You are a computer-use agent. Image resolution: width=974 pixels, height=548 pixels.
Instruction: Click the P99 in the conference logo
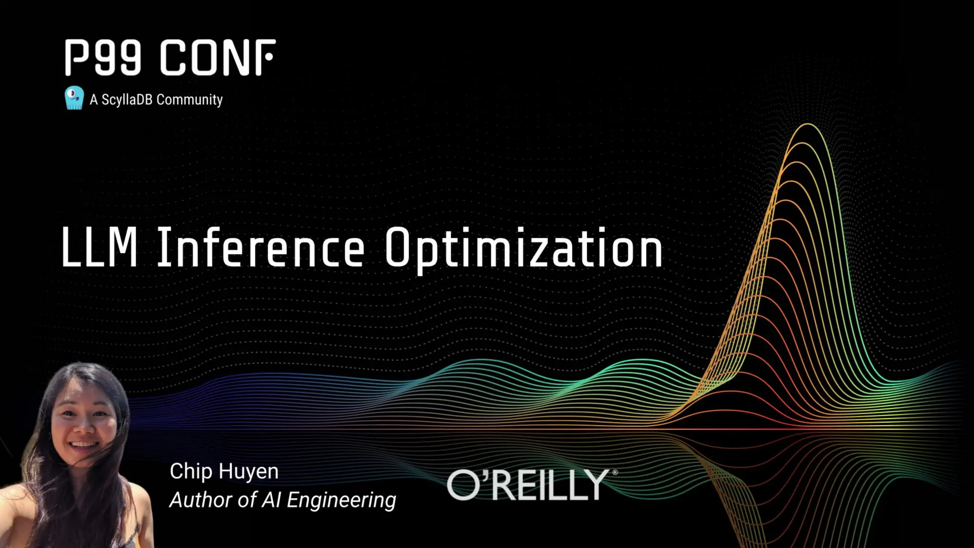pyautogui.click(x=103, y=58)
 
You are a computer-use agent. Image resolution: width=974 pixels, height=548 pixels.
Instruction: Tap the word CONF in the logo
pyautogui.click(x=217, y=58)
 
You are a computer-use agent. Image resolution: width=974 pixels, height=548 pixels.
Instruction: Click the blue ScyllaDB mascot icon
pyautogui.click(x=74, y=98)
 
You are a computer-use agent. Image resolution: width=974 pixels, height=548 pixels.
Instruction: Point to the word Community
pyautogui.click(x=189, y=99)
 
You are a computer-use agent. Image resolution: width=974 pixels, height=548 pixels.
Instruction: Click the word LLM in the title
pyautogui.click(x=99, y=247)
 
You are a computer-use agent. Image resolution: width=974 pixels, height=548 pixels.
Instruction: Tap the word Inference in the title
pyautogui.click(x=261, y=247)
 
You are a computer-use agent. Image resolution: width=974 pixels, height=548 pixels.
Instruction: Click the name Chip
pyautogui.click(x=191, y=471)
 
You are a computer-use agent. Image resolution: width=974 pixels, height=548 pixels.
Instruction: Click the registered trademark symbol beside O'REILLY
pyautogui.click(x=615, y=472)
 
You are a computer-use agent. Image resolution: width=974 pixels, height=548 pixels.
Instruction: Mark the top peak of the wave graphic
pyautogui.click(x=808, y=124)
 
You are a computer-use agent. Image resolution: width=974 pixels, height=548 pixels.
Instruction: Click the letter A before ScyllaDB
pyautogui.click(x=94, y=99)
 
